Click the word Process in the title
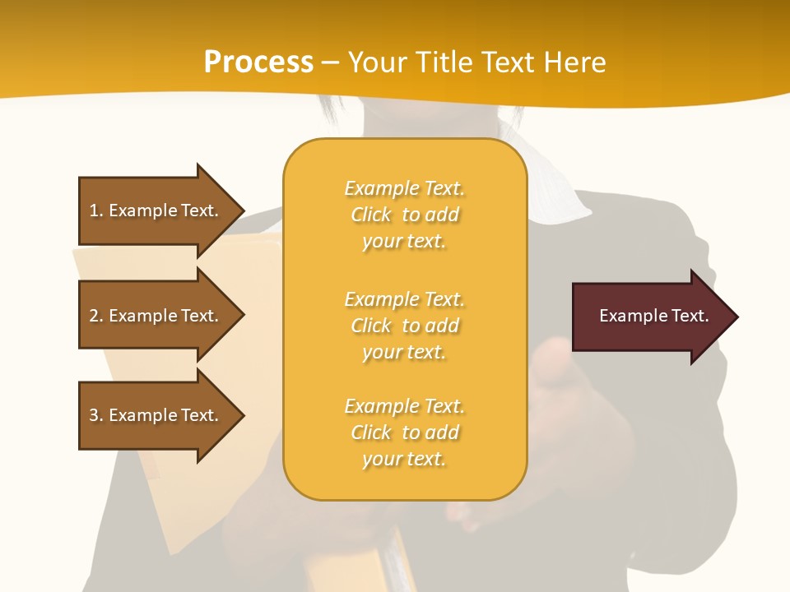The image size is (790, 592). (258, 62)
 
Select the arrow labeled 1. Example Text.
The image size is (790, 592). (156, 210)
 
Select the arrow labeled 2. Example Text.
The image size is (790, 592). (156, 316)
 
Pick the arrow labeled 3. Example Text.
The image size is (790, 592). (156, 415)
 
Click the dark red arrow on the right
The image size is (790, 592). (650, 317)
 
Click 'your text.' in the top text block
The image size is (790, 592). (404, 242)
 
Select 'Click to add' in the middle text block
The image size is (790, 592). (404, 326)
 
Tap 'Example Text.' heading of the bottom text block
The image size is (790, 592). (404, 406)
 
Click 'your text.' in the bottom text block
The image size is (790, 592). (404, 459)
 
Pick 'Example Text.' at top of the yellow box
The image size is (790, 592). (404, 188)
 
